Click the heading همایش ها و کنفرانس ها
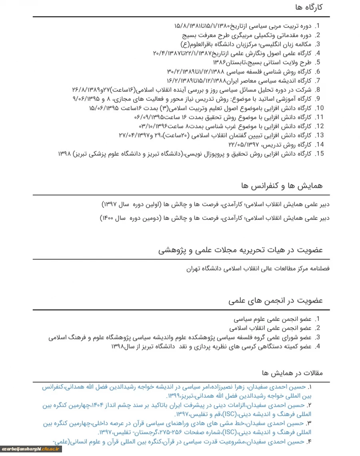[x=282, y=186]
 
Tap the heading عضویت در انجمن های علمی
[x=276, y=301]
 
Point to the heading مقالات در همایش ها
[x=292, y=373]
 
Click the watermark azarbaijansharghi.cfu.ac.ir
[x=31, y=449]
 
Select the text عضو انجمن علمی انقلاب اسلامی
[x=270, y=328]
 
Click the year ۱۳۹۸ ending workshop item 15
[x=65, y=153]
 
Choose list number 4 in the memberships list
[x=318, y=346]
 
